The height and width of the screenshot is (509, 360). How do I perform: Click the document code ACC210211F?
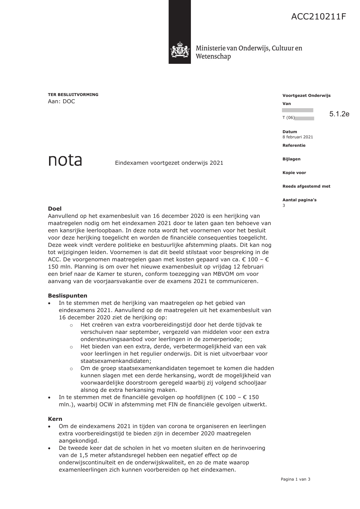(319, 17)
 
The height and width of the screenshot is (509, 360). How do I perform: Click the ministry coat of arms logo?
(180, 50)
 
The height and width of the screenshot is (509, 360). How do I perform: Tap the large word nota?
(65, 161)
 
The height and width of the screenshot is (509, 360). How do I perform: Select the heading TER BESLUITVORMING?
(73, 95)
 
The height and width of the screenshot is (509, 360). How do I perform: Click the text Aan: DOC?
(61, 102)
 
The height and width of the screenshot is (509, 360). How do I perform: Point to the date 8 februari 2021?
(298, 137)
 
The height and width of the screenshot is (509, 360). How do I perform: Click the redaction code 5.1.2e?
(339, 114)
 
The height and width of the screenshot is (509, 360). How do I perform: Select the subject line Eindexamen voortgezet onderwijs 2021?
(169, 163)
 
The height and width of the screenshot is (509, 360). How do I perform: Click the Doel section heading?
(55, 209)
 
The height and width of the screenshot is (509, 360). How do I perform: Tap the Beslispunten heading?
(68, 296)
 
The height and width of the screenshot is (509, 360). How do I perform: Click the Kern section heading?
(55, 419)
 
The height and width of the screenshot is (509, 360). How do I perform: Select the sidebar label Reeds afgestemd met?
(306, 186)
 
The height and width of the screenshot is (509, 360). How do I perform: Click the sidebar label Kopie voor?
(294, 173)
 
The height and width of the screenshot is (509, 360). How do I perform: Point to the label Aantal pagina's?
(299, 200)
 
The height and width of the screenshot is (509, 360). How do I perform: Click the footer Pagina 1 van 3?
(295, 479)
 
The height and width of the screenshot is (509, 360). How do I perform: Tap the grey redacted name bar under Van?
(297, 111)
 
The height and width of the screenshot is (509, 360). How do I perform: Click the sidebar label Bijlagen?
(291, 159)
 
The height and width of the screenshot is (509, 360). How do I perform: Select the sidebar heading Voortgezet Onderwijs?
(306, 96)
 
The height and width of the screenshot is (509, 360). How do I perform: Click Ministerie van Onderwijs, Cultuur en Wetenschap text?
(249, 52)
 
